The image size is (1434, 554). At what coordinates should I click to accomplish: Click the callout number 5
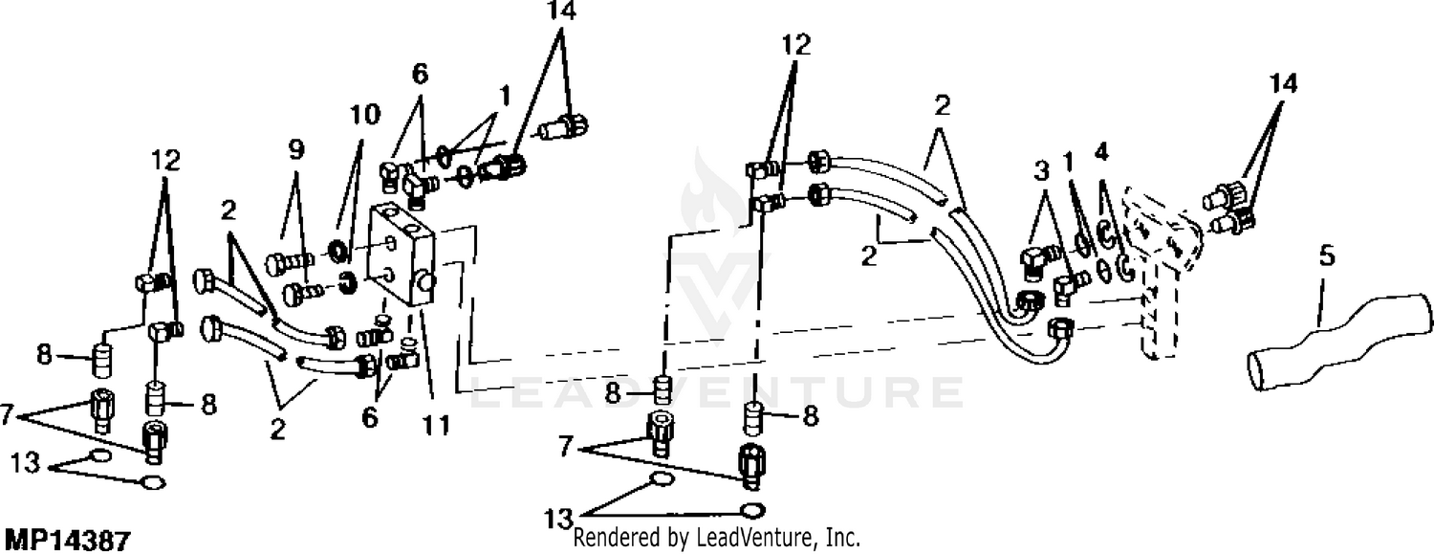pos(1327,256)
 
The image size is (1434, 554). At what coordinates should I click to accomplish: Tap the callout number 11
pos(436,425)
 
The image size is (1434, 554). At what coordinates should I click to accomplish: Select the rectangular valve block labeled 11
pos(402,257)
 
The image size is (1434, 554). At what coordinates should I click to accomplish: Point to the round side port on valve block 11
pos(425,280)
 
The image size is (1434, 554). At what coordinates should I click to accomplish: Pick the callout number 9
pos(295,150)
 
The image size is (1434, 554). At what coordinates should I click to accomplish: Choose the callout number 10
pos(365,115)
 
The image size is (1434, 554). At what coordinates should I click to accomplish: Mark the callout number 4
pos(1101,152)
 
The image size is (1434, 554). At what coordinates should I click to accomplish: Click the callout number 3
pos(1042,171)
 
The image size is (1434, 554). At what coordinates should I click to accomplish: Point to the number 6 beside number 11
pos(370,417)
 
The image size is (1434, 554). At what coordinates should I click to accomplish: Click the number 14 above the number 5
pos(1284,84)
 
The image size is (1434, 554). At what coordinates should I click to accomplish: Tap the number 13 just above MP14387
pos(26,462)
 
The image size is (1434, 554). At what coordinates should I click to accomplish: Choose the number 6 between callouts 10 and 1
pos(420,75)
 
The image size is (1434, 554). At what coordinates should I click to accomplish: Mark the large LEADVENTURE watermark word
pos(717,392)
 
